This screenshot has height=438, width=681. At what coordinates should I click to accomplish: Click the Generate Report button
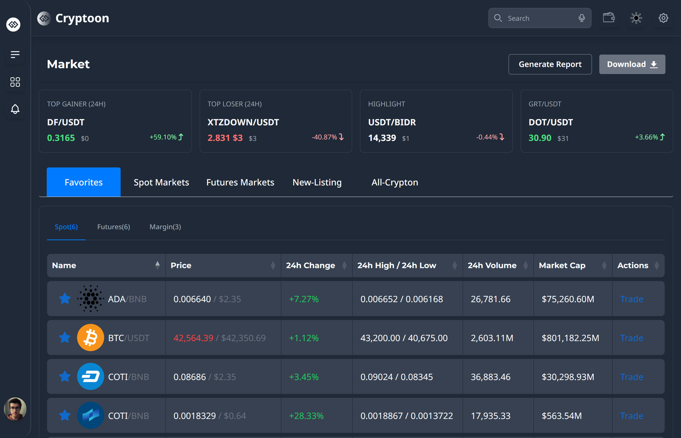[550, 64]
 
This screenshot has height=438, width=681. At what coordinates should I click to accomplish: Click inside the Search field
[538, 18]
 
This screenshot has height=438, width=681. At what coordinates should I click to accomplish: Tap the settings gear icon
[663, 18]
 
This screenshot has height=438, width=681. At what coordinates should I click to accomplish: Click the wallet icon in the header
[609, 18]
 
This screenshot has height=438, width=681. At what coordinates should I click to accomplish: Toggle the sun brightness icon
[636, 18]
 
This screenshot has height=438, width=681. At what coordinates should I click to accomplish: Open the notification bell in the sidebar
[15, 109]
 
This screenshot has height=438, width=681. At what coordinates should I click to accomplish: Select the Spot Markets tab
[161, 182]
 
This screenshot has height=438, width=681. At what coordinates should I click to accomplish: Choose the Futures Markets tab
[240, 182]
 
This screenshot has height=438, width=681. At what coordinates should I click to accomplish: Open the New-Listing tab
[317, 182]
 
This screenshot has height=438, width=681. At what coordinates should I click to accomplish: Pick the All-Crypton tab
[395, 182]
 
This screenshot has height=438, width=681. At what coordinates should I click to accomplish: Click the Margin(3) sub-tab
[165, 227]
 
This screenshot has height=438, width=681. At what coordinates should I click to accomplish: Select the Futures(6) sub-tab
[114, 227]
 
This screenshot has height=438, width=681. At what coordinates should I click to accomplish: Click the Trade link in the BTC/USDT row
[632, 338]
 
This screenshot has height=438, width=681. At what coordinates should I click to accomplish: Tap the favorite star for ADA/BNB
[65, 299]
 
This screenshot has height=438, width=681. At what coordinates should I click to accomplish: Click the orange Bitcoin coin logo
[90, 338]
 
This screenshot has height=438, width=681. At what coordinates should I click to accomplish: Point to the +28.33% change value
[306, 416]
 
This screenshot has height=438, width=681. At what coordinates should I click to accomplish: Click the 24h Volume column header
[492, 265]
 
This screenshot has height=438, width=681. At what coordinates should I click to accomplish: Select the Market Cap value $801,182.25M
[570, 338]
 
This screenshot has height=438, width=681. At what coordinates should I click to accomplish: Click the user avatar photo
[15, 409]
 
